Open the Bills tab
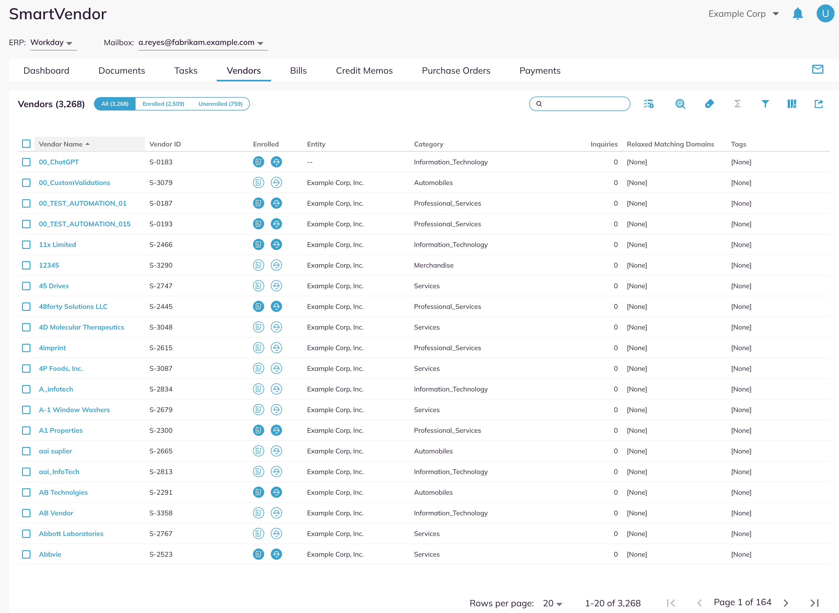pos(298,71)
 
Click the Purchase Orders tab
pos(456,71)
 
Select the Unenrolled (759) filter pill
pos(220,104)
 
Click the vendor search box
pos(579,104)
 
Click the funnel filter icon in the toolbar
pos(765,104)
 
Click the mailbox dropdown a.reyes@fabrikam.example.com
pos(203,43)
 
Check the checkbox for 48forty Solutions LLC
pos(26,306)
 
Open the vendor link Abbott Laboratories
pos(71,533)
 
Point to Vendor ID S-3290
pos(161,265)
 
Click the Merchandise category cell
pos(434,265)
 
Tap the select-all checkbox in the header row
pos(26,144)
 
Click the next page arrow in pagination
pos(786,603)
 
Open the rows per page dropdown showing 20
pos(552,603)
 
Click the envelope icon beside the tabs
pos(818,69)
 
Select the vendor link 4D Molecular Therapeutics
pos(82,327)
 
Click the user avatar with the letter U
pos(825,14)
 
